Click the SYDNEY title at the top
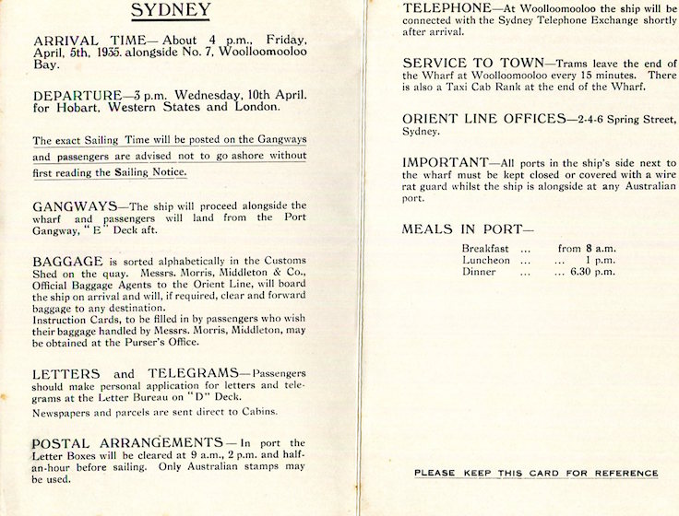pos(171,11)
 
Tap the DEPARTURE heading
pos(77,95)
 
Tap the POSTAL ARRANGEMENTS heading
pos(128,442)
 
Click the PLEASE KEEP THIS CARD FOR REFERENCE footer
pos(536,473)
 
